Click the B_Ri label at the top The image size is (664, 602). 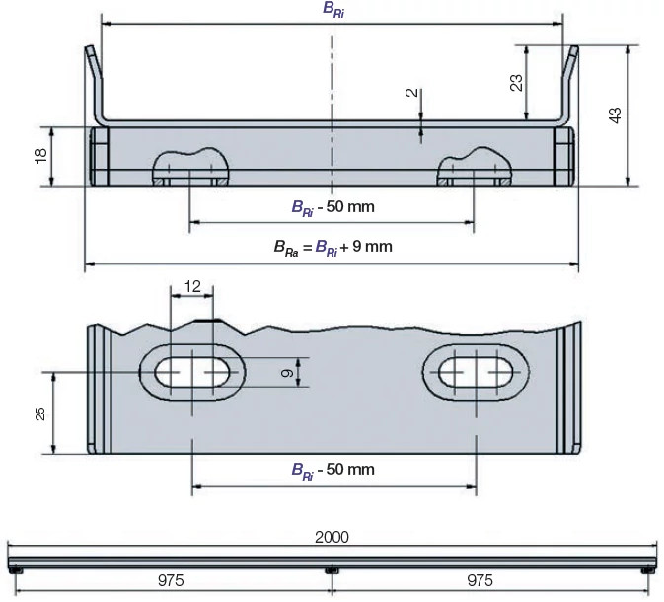(333, 9)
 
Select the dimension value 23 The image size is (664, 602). (516, 83)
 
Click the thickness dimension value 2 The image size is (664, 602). (410, 95)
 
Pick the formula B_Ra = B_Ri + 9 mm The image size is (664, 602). (332, 247)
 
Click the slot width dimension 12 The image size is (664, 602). (192, 286)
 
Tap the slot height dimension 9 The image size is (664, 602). (285, 373)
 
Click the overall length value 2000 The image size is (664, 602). (332, 537)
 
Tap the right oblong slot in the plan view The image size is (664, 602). (476, 373)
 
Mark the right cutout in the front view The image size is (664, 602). (475, 168)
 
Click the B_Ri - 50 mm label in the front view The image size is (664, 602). (332, 207)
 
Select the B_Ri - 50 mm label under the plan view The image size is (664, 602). (332, 469)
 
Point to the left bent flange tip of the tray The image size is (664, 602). (88, 52)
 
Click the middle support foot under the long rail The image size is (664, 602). (332, 570)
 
